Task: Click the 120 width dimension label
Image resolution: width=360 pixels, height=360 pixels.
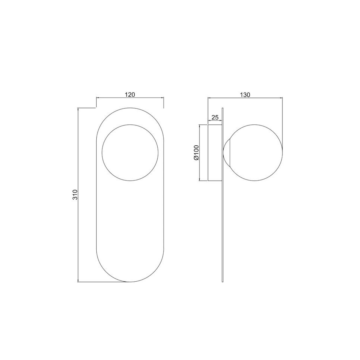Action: tap(130, 95)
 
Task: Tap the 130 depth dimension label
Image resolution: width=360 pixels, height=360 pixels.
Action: tap(245, 95)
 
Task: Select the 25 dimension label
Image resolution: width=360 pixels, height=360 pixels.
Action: tap(215, 117)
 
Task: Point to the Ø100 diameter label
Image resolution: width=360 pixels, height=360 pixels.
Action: tap(197, 152)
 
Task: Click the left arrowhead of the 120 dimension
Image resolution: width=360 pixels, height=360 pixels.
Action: tap(97, 98)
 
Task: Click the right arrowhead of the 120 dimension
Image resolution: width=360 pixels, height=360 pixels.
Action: tap(162, 98)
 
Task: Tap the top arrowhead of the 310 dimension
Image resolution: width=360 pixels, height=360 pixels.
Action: tap(78, 109)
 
